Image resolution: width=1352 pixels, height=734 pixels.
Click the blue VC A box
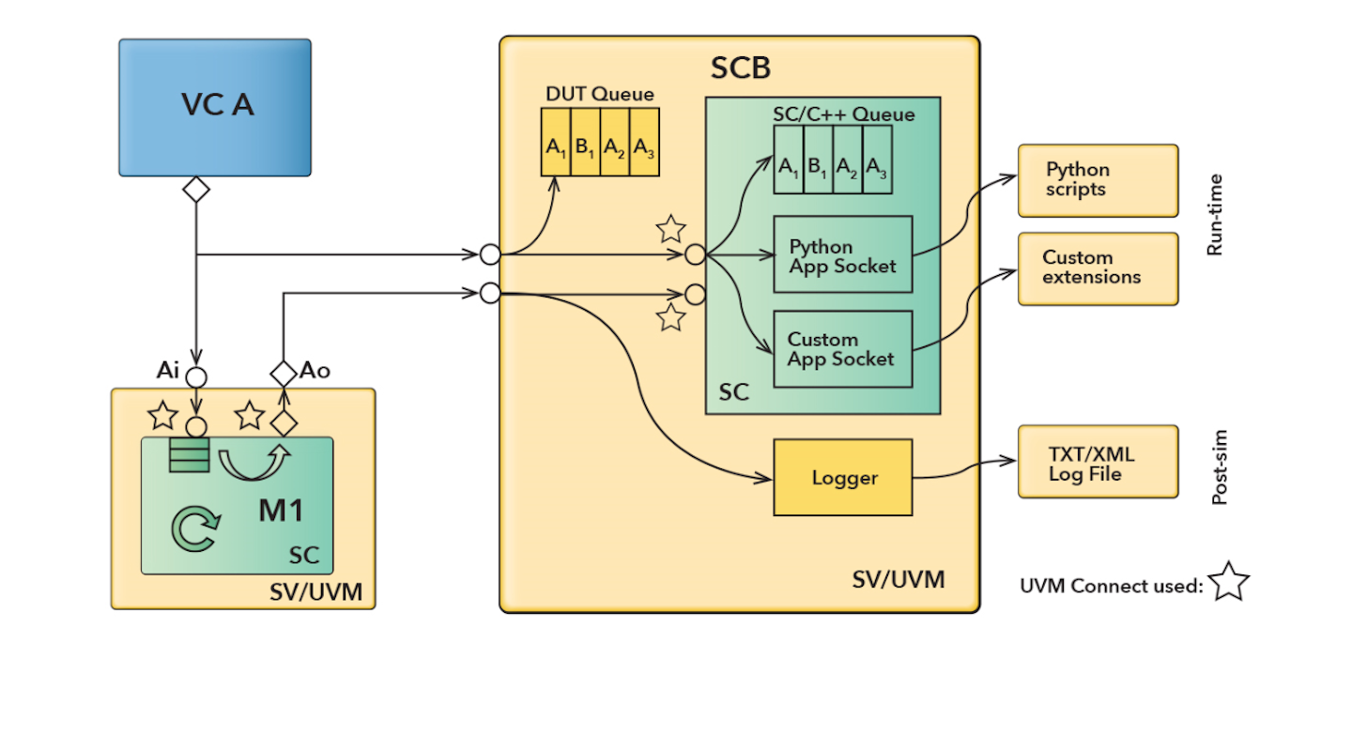point(215,107)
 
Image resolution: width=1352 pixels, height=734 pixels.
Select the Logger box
point(842,477)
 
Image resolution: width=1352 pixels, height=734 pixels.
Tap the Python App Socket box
point(842,255)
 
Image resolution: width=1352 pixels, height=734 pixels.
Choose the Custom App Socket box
point(842,348)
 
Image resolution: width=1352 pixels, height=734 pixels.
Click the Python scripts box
point(1097,180)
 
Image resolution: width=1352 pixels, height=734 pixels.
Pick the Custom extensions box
point(1097,268)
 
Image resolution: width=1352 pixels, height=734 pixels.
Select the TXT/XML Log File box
point(1097,461)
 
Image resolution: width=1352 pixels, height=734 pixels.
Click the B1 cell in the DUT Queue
point(585,143)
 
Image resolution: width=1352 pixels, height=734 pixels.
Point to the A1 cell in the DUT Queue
point(556,143)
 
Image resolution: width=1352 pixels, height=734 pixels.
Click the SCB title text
point(740,68)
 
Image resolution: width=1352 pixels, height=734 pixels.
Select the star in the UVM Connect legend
point(1228,583)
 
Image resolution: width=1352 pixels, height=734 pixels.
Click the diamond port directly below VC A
point(195,189)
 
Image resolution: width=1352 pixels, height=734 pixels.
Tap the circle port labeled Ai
point(195,377)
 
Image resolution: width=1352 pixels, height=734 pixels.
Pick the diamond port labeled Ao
point(283,372)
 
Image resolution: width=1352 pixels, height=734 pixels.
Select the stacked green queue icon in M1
point(189,457)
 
